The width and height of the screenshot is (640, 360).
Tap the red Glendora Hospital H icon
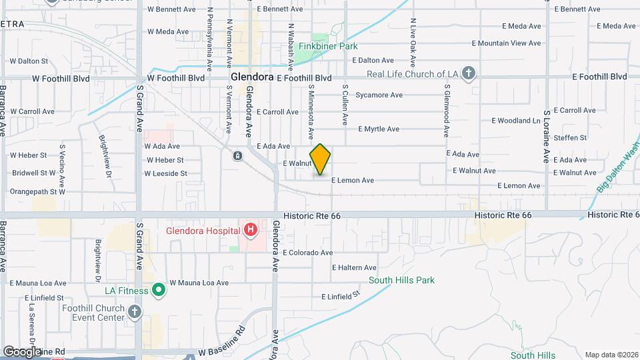tap(251, 231)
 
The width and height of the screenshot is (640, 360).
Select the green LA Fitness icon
tap(159, 290)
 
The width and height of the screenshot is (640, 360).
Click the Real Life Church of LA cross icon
tap(469, 73)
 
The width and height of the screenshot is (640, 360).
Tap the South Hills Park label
tap(401, 280)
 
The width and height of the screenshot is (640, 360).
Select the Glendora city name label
tap(253, 77)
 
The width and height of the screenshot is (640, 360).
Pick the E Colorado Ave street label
tap(307, 253)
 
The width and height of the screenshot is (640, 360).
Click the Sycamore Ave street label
tap(379, 95)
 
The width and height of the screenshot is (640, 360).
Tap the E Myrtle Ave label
tap(379, 129)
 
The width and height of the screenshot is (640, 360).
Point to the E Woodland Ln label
tap(516, 121)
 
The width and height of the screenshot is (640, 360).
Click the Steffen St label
tap(573, 138)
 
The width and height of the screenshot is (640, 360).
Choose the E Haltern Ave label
tap(355, 267)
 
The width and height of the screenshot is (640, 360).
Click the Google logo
tap(22, 351)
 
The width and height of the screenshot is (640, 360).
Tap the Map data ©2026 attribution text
tap(611, 355)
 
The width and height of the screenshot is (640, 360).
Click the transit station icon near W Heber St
tap(237, 156)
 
